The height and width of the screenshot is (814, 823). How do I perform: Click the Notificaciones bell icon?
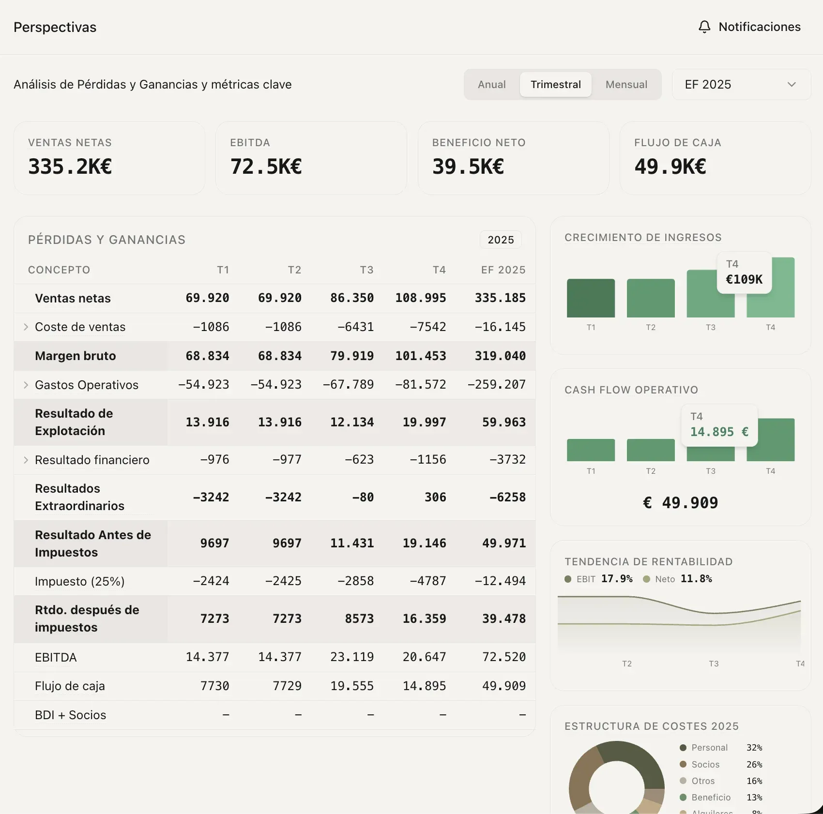[x=704, y=27]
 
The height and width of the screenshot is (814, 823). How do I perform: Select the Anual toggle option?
[x=491, y=85]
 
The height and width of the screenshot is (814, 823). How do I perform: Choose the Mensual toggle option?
[x=626, y=85]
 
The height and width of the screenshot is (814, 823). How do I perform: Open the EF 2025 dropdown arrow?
[x=792, y=85]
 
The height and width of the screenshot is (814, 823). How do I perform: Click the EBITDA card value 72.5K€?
[x=266, y=166]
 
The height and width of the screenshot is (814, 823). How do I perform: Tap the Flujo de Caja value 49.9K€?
[x=670, y=166]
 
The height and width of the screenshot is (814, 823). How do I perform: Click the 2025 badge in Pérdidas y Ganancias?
[x=500, y=240]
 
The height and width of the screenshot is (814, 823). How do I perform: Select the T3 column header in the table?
[x=366, y=270]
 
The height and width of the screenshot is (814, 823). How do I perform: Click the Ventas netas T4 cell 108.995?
[x=420, y=298]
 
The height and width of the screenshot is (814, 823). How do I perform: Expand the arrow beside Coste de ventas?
[x=26, y=327]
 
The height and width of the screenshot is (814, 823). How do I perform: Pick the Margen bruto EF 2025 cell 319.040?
[x=500, y=356]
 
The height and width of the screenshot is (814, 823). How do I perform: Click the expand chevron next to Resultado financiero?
[x=26, y=460]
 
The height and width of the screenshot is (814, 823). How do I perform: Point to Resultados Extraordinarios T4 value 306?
[x=435, y=497]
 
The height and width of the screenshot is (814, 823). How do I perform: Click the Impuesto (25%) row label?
[x=80, y=581]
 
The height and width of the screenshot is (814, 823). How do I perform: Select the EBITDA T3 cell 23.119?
[x=351, y=657]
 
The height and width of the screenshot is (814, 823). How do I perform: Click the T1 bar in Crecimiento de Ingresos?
[x=591, y=298]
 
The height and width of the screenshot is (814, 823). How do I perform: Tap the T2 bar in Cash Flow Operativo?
[x=650, y=450]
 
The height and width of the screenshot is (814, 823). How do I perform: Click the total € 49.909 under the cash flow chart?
[x=680, y=503]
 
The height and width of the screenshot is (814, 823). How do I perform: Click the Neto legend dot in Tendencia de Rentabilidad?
[x=646, y=579]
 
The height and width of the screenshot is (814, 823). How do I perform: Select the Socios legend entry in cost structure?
[x=705, y=765]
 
